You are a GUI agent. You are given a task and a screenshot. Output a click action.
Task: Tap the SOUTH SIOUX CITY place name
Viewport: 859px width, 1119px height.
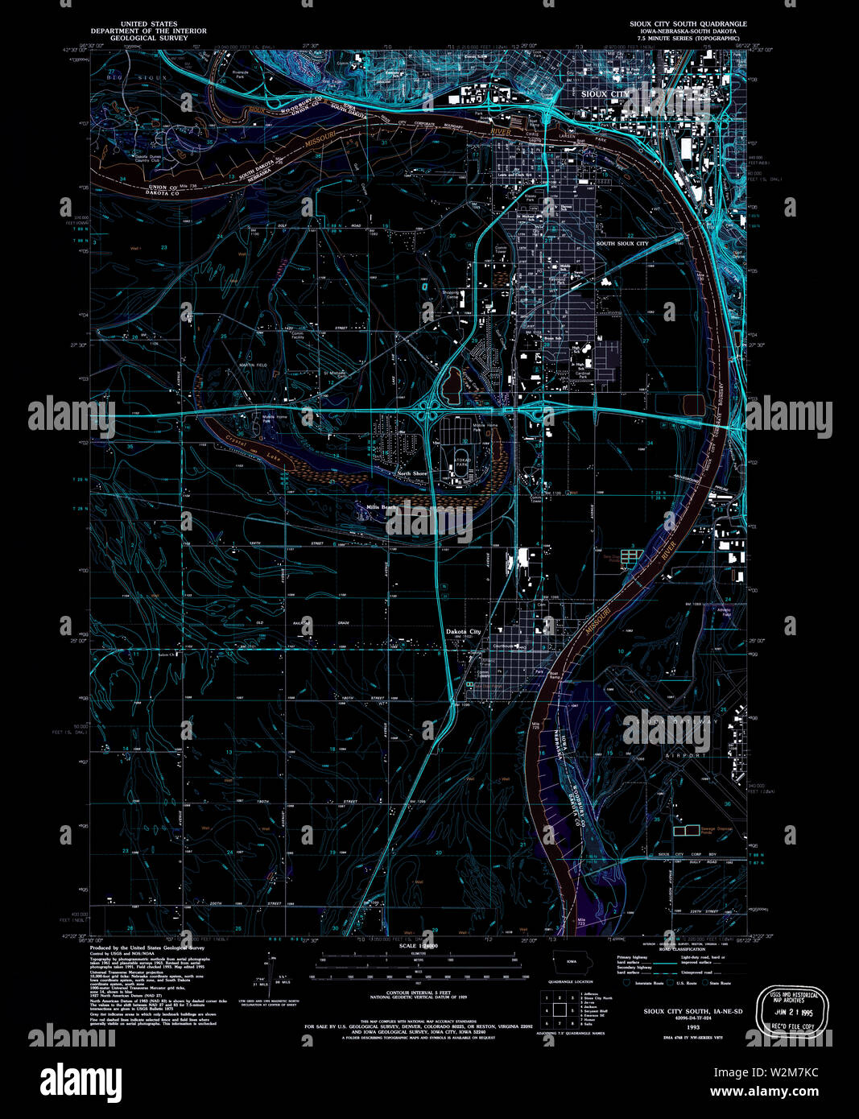(x=622, y=243)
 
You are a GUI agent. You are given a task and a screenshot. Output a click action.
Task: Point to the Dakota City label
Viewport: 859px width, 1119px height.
(x=464, y=632)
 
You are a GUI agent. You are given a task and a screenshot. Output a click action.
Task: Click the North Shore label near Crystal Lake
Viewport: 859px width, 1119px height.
(x=411, y=473)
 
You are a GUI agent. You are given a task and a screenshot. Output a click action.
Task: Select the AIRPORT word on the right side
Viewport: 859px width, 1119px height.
(x=685, y=756)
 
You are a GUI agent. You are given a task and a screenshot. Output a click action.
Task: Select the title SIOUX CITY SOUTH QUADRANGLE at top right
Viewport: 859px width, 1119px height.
(x=688, y=24)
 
